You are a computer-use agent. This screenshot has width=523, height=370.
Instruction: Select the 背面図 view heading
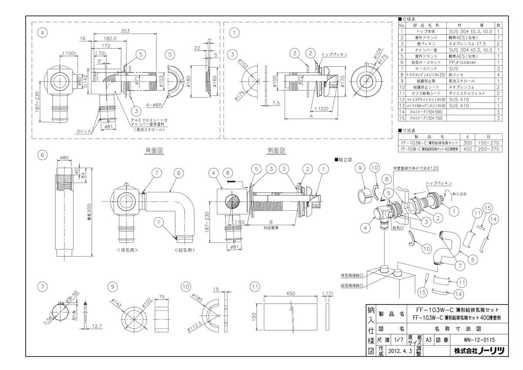[x=154, y=150]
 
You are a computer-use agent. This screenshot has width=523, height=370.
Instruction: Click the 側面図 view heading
[x=276, y=150]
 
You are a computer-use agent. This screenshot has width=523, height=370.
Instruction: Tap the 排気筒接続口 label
[x=352, y=275]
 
